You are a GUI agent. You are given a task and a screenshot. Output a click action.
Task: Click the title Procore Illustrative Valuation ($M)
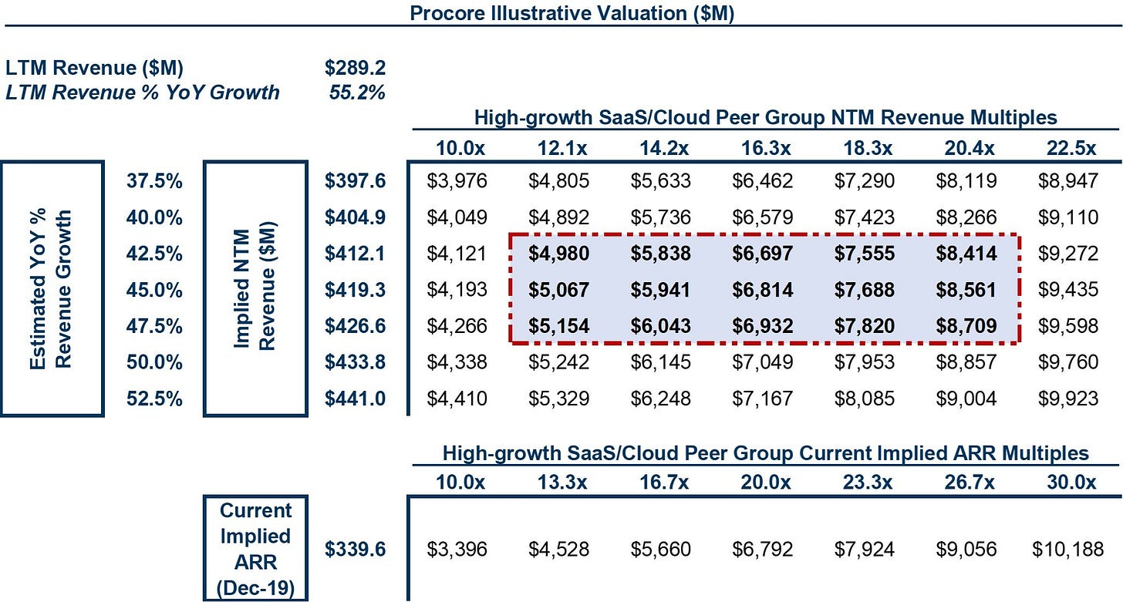coord(572,13)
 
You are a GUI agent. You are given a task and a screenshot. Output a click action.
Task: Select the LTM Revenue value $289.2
coord(355,68)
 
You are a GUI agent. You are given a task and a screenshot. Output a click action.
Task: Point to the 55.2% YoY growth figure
coord(357,92)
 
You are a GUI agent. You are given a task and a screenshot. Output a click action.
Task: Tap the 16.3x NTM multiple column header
coord(766,148)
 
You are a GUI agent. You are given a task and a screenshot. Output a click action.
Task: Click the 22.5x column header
coord(1071,148)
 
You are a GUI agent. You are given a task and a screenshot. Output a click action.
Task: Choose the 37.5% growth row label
coord(154,181)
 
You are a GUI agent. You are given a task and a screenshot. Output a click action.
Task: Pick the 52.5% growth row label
coord(154,399)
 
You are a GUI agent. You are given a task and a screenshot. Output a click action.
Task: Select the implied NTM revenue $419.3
coord(355,290)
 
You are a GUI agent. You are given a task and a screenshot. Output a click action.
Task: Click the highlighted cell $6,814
coord(763,290)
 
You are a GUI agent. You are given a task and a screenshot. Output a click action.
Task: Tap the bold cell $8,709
coord(966,326)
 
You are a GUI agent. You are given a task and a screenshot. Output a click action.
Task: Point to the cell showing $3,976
coord(457,181)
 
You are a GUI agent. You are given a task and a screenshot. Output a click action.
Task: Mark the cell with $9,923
coord(1068,399)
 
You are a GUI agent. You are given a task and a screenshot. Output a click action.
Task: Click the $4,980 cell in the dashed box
coord(558,254)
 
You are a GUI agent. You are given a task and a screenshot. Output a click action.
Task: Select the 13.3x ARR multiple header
coord(562,483)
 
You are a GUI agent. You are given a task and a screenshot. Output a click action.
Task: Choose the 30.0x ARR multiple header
coord(1071,483)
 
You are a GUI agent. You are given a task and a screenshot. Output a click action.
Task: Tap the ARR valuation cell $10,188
coord(1067,550)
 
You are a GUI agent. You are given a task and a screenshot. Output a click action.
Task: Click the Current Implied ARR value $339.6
coord(355,550)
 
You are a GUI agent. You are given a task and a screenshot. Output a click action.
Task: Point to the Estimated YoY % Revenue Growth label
coord(50,289)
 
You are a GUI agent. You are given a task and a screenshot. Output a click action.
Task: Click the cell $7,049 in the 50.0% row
coord(763,362)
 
